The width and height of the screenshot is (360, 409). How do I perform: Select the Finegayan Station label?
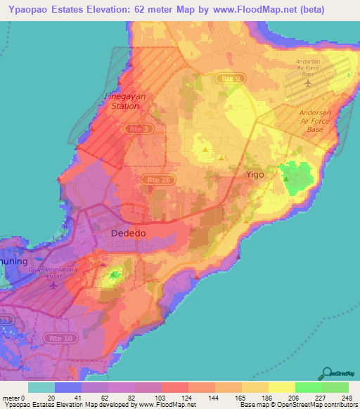[122, 102]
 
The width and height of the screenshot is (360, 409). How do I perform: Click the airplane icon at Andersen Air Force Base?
[307, 83]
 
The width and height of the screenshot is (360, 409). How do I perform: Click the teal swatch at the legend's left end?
[41, 387]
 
